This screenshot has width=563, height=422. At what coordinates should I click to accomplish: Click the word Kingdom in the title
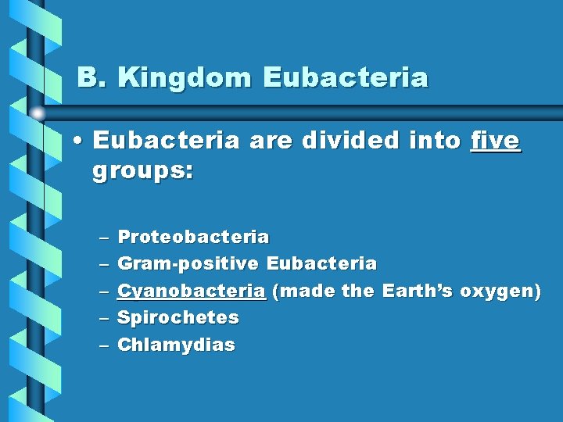click(x=187, y=78)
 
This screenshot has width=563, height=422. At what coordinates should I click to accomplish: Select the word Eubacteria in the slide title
click(x=346, y=78)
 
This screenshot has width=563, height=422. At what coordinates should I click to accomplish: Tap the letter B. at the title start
click(x=94, y=78)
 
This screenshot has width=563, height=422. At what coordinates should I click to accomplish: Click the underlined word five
click(x=496, y=141)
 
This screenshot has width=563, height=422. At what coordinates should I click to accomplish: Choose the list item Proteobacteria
click(x=193, y=236)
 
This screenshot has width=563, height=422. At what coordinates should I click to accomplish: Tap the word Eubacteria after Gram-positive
click(x=321, y=264)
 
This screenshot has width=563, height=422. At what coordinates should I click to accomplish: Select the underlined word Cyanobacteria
click(x=191, y=291)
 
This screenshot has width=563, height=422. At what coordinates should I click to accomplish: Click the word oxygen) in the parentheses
click(x=500, y=291)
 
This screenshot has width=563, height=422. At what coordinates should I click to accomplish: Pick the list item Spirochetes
click(x=178, y=317)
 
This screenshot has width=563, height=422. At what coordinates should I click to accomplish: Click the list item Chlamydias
click(x=176, y=345)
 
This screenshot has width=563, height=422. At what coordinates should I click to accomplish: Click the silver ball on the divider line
click(x=38, y=113)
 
